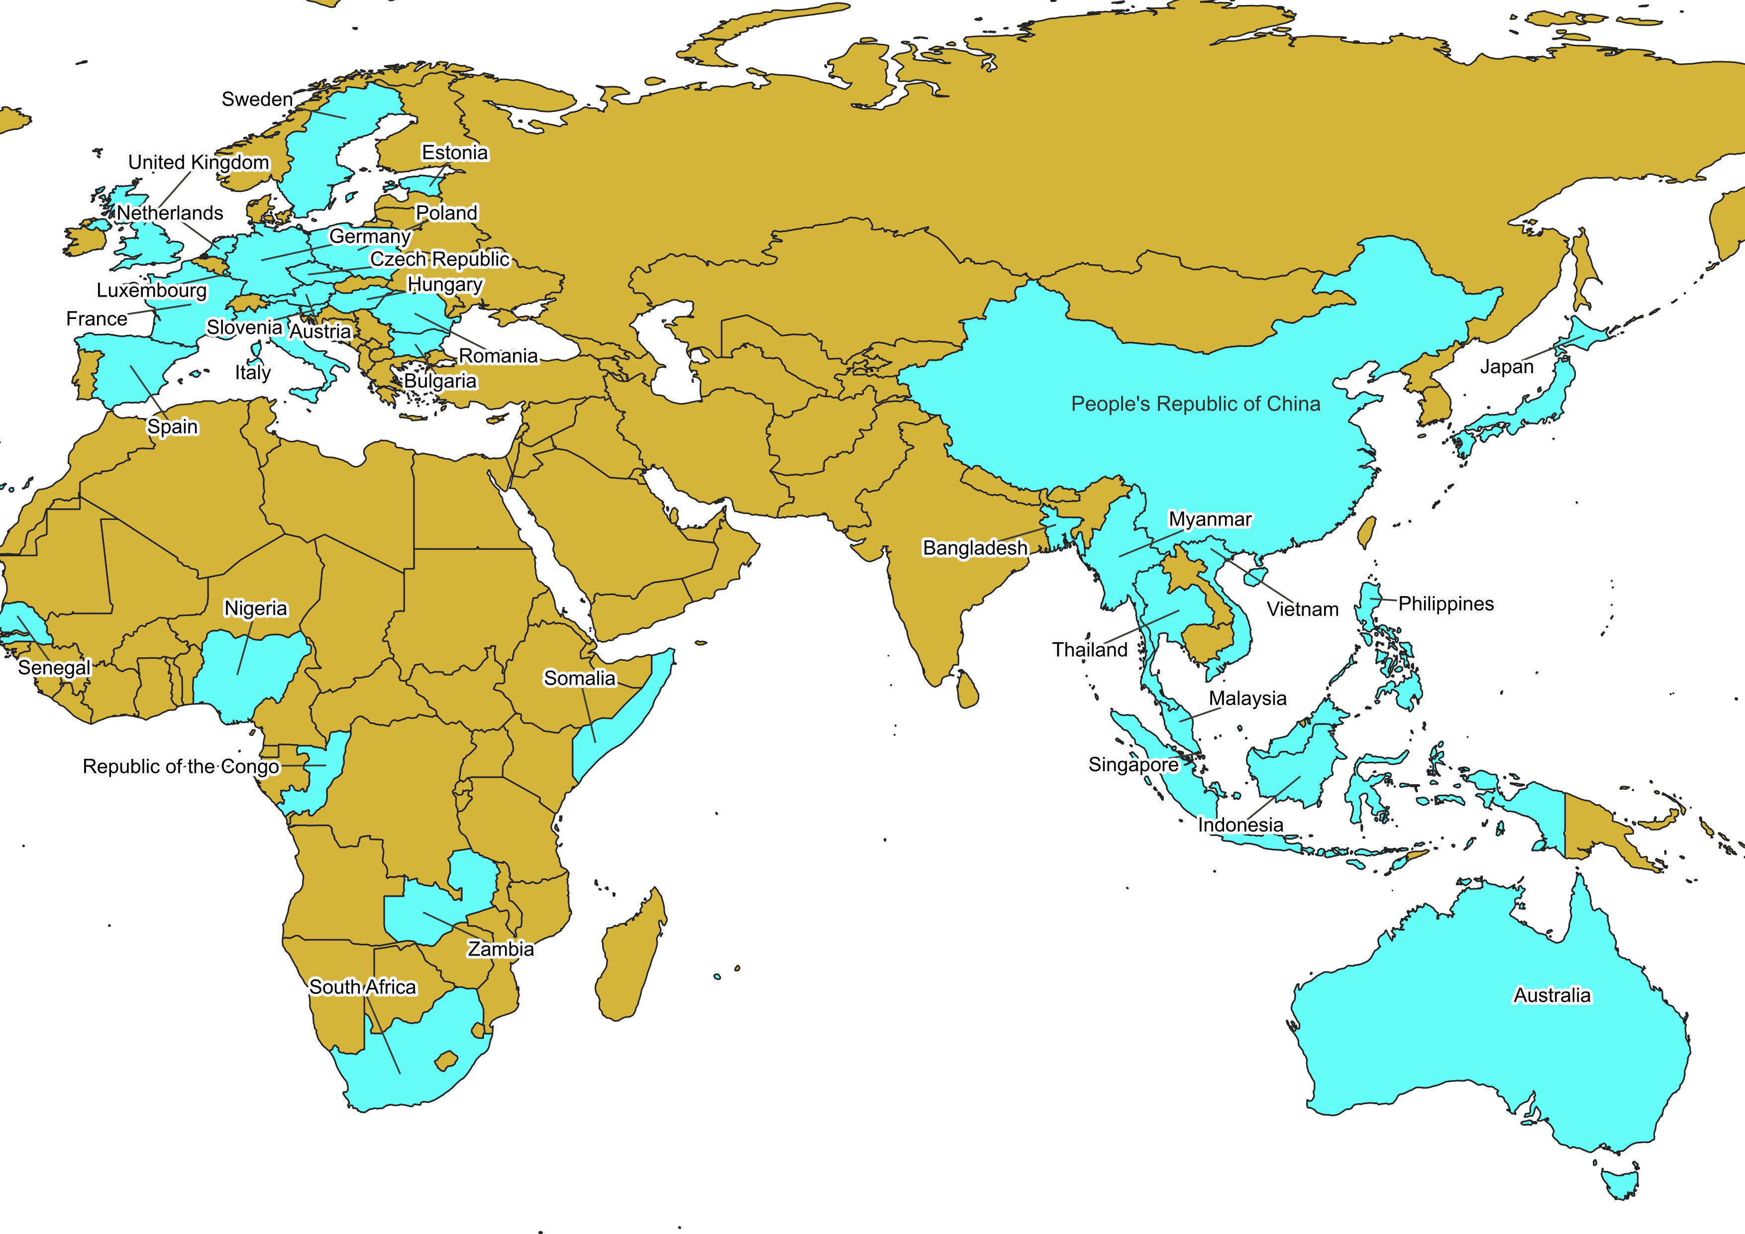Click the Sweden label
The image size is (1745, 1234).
(257, 100)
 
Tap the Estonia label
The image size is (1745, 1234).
(454, 153)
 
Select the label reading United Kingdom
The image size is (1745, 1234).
(199, 163)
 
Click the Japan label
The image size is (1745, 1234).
(1506, 367)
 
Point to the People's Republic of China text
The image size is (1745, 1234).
(1196, 404)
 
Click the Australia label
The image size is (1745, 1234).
(1551, 995)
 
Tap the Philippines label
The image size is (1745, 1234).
(1445, 604)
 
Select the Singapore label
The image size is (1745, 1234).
(1132, 764)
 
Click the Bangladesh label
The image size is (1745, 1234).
(974, 548)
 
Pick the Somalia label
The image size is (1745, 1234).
(579, 678)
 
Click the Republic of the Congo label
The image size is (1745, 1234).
(181, 767)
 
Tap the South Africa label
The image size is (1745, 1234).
(363, 987)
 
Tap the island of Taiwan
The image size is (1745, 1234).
(1366, 532)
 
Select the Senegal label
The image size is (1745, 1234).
(54, 668)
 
